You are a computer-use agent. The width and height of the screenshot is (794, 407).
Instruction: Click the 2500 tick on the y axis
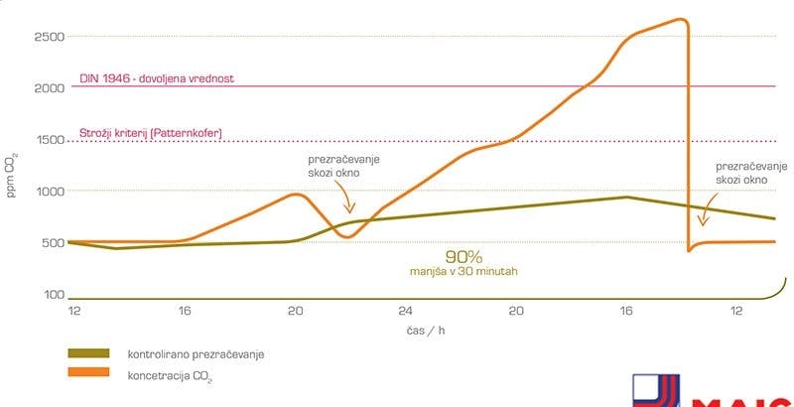[x=50, y=37]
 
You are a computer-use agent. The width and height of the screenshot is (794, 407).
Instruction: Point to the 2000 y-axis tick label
[x=50, y=88]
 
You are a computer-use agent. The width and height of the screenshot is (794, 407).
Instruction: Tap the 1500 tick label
[x=50, y=140]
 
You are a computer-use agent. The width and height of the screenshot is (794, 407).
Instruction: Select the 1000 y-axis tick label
[x=50, y=192]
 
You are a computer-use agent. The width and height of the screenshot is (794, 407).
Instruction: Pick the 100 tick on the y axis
[x=53, y=295]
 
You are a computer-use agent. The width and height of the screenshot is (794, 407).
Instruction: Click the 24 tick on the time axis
[x=405, y=311]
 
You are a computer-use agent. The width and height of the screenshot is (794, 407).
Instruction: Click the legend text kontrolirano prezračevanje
[x=197, y=353]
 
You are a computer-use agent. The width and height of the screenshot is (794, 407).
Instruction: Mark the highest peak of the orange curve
[x=680, y=19]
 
